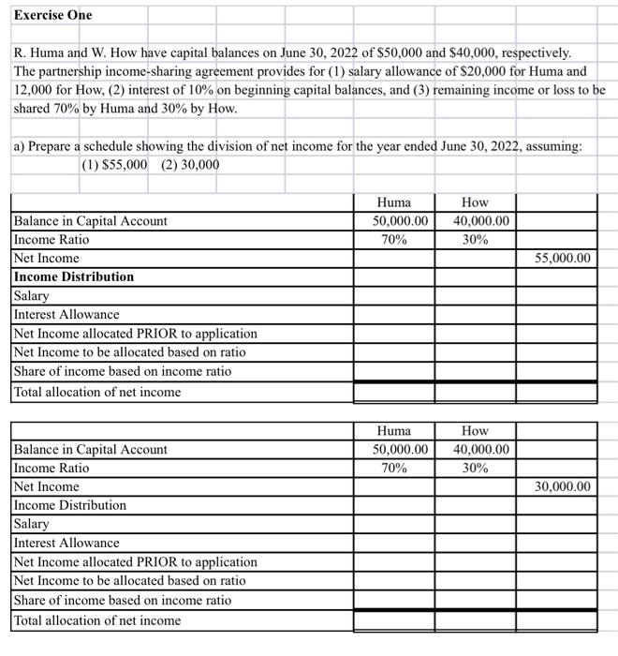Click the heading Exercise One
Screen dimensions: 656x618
tap(53, 16)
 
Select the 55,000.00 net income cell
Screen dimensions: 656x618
tap(563, 258)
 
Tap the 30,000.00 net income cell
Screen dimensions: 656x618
tap(563, 486)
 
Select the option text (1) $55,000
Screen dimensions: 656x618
tap(114, 165)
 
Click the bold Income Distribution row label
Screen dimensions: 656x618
tap(74, 276)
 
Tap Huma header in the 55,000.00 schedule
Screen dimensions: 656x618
tap(393, 202)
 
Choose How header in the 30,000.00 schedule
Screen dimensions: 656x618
tap(475, 431)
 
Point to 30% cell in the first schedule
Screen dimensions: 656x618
tap(475, 240)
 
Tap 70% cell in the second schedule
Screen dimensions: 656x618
tap(393, 469)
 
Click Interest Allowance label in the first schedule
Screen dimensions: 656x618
tap(66, 315)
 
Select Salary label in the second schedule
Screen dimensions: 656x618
tap(32, 524)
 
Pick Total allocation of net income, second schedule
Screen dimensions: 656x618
tap(97, 620)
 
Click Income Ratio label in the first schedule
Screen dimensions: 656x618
tap(51, 240)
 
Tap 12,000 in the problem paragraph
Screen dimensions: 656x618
tap(34, 90)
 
